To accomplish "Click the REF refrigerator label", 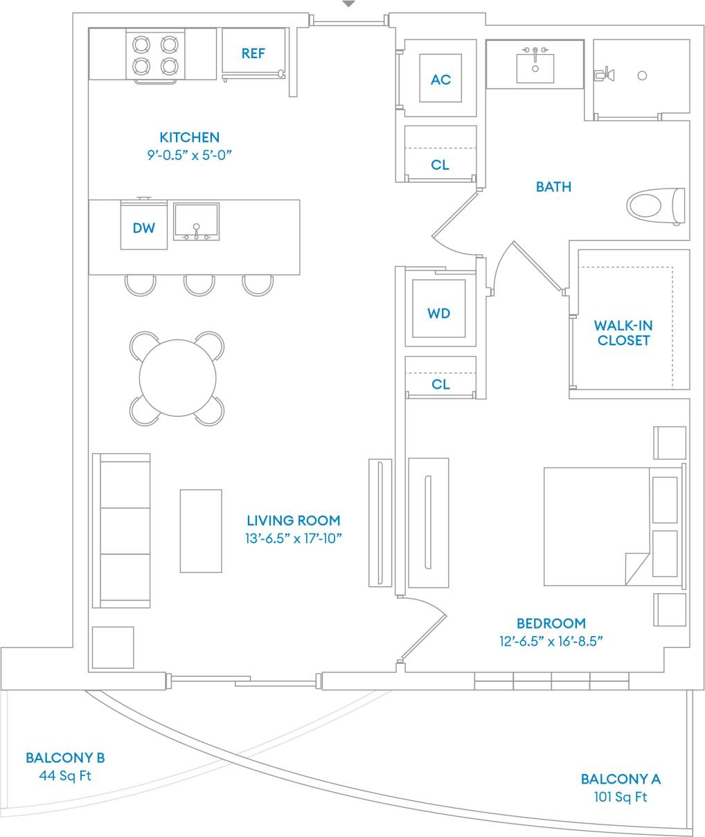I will pyautogui.click(x=253, y=53).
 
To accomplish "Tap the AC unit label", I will pyautogui.click(x=440, y=80).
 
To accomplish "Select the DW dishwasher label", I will pyautogui.click(x=144, y=227).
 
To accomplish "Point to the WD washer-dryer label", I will pyautogui.click(x=438, y=313).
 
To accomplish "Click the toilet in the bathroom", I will pyautogui.click(x=654, y=206).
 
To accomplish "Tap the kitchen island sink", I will pyautogui.click(x=197, y=221).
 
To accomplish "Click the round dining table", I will pyautogui.click(x=177, y=378).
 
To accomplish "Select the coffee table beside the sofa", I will pyautogui.click(x=201, y=531).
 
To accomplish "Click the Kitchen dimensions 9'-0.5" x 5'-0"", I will pyautogui.click(x=189, y=155).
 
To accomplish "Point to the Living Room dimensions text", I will pyautogui.click(x=294, y=538).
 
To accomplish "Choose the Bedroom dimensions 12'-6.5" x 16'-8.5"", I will pyautogui.click(x=551, y=641).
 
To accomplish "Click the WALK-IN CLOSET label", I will pyautogui.click(x=623, y=333).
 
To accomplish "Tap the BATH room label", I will pyautogui.click(x=553, y=186).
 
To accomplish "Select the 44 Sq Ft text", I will pyautogui.click(x=65, y=776).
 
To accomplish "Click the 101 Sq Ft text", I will pyautogui.click(x=621, y=797).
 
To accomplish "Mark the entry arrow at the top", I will pyautogui.click(x=349, y=4).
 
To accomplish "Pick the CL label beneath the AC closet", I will pyautogui.click(x=440, y=165).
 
